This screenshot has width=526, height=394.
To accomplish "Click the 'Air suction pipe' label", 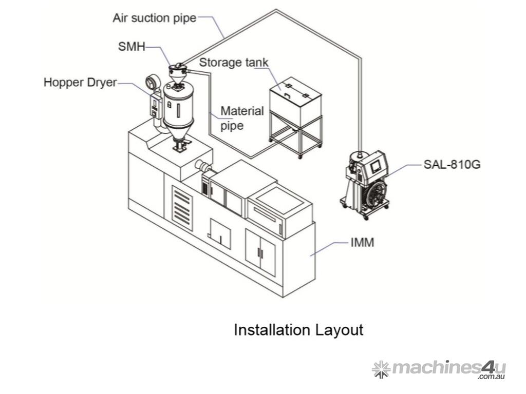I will tap(154, 18).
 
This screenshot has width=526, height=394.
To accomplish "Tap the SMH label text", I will tap(131, 47).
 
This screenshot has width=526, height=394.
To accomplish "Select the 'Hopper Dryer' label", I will tap(80, 83).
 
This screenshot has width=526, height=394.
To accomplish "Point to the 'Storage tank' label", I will tap(234, 63).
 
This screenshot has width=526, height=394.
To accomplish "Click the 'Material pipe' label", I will tap(242, 118).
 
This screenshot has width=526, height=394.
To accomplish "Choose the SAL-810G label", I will tap(452, 165).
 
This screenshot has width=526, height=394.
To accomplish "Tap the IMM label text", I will tap(362, 242).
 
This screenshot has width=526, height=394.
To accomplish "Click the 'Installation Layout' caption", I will tap(298, 330).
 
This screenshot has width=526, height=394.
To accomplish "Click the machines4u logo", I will tap(439, 369).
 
